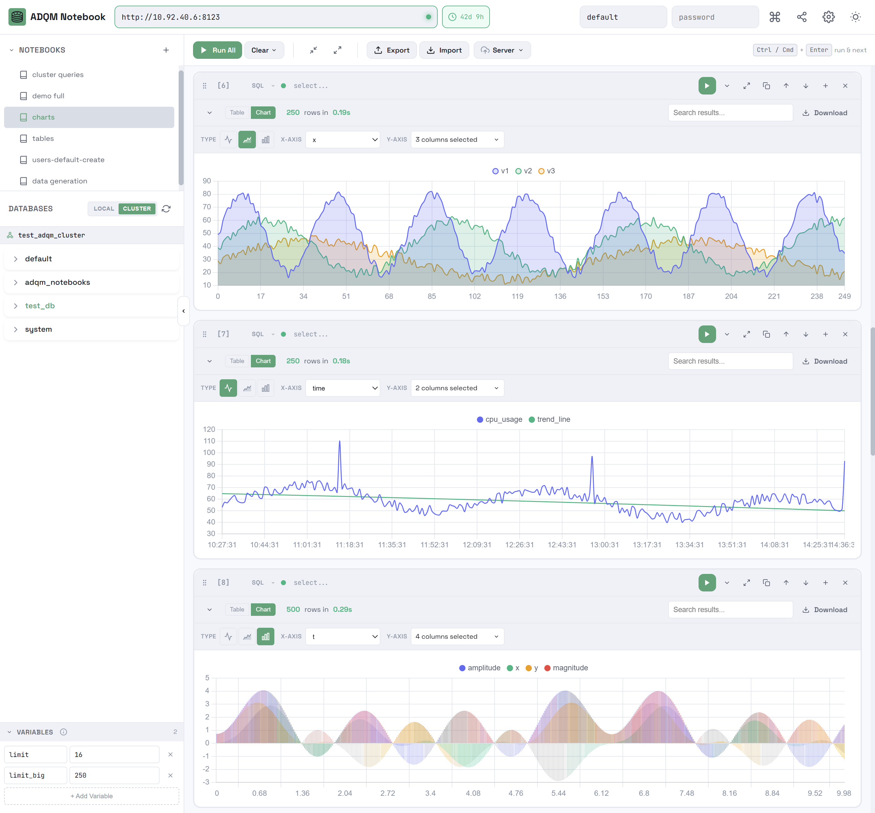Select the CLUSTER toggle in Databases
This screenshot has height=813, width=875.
coord(137,208)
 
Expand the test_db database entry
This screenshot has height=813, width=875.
coord(39,306)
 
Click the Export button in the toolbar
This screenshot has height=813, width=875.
coord(391,50)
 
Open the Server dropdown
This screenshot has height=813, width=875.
coord(502,50)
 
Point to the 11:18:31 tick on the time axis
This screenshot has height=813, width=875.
coord(349,545)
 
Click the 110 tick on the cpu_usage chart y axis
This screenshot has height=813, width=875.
coord(209,441)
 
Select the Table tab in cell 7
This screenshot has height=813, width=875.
coord(237,361)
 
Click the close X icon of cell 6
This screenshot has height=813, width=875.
coord(845,86)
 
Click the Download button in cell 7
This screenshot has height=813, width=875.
coord(825,361)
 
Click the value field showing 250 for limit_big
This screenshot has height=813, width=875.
coord(114,775)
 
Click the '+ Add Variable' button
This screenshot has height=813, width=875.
coord(91,796)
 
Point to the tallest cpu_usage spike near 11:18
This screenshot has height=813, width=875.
coord(339,441)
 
